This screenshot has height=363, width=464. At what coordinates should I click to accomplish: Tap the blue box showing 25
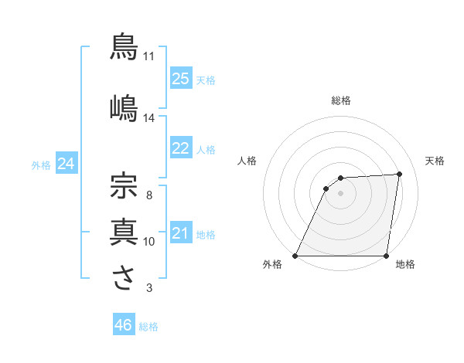point(180,78)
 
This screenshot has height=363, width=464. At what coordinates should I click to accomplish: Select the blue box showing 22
point(180,148)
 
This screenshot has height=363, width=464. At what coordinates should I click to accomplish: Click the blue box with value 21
point(180,233)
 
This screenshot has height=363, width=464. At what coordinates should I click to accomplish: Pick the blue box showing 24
point(66,164)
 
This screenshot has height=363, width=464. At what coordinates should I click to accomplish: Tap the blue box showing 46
point(123,325)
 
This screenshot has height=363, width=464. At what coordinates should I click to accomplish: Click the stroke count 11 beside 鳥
point(149,56)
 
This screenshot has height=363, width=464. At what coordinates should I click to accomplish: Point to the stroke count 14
point(149,118)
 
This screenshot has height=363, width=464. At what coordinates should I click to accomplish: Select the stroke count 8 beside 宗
point(149,195)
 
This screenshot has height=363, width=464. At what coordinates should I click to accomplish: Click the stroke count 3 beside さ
point(149,288)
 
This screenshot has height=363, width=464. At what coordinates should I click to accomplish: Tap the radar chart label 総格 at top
point(341,100)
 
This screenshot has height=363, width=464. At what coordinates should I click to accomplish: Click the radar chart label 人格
point(247,161)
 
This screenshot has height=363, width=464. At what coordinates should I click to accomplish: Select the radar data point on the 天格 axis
point(400,174)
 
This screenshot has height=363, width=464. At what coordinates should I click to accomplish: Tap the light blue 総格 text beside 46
point(148,327)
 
